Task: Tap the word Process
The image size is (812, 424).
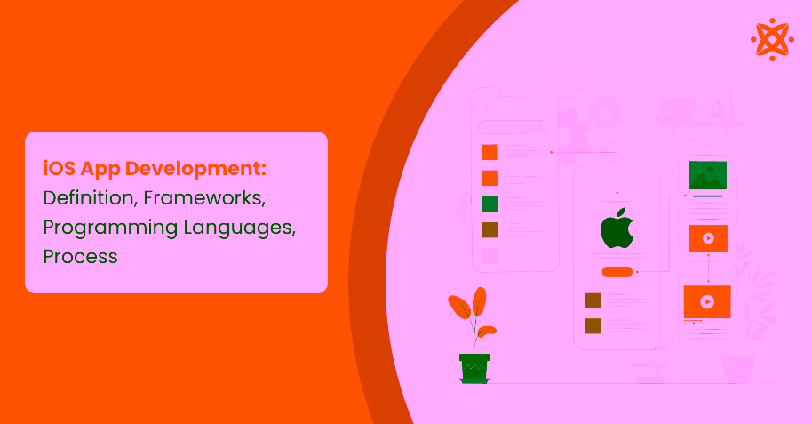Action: tap(80, 257)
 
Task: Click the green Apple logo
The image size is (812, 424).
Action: tap(617, 230)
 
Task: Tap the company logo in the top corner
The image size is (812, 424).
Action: tap(772, 39)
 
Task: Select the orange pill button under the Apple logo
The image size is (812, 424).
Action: tap(617, 271)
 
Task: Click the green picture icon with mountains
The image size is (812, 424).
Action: tap(707, 176)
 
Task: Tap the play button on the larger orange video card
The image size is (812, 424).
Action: tap(707, 301)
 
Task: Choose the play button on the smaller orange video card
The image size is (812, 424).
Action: tap(707, 238)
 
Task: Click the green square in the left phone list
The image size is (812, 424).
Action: tap(490, 204)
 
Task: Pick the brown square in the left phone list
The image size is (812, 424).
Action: tap(490, 230)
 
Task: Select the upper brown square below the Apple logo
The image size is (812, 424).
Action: tap(593, 300)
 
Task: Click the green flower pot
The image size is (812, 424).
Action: tap(474, 367)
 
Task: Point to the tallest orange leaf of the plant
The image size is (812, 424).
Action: tap(481, 302)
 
